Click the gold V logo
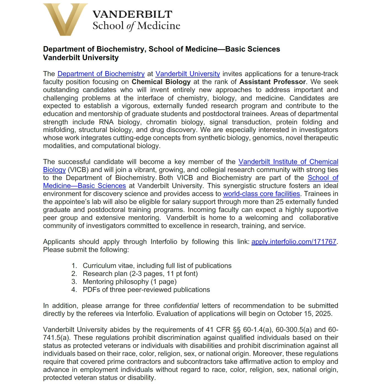[x=65, y=19]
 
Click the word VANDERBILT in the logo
[x=132, y=14]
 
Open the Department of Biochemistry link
[x=101, y=74]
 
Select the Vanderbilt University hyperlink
[x=187, y=74]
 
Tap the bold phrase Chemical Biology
[x=161, y=82]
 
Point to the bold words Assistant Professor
[x=272, y=82]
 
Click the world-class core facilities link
[x=261, y=194]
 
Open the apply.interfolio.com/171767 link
[x=294, y=242]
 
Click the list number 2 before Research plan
[x=74, y=274]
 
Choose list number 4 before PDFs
[x=74, y=290]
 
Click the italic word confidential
[x=181, y=306]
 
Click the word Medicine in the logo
[x=159, y=26]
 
